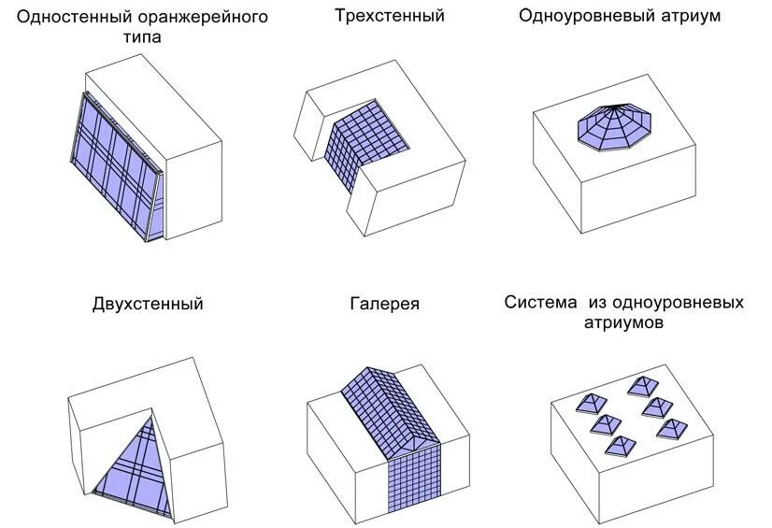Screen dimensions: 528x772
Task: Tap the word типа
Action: (141, 38)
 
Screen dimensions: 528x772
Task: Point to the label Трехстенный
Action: (389, 16)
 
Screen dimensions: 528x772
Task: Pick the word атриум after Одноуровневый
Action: (689, 16)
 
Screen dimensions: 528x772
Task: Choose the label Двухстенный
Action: (148, 304)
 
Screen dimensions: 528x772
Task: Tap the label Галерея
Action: (385, 304)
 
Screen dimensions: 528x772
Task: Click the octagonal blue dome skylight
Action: (615, 127)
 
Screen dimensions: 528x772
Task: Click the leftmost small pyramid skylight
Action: (587, 404)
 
